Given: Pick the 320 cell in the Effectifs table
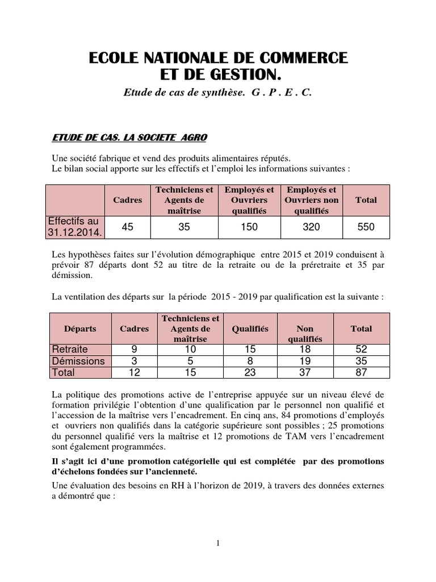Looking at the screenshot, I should click(x=311, y=227).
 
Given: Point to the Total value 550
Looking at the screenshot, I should click(x=366, y=227).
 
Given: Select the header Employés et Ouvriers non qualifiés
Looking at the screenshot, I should click(x=311, y=199).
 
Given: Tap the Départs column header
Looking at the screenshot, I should click(x=80, y=329).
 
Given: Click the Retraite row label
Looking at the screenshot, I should click(x=70, y=349).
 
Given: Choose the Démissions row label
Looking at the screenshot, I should click(x=78, y=361).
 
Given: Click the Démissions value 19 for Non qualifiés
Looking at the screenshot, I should click(x=305, y=361).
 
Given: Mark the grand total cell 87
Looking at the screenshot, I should click(x=361, y=373).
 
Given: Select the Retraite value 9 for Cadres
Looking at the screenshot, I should click(x=135, y=349).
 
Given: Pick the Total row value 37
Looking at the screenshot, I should click(x=305, y=373).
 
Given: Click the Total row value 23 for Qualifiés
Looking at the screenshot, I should click(x=250, y=373).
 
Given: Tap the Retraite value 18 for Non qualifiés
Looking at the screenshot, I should click(x=305, y=349).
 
